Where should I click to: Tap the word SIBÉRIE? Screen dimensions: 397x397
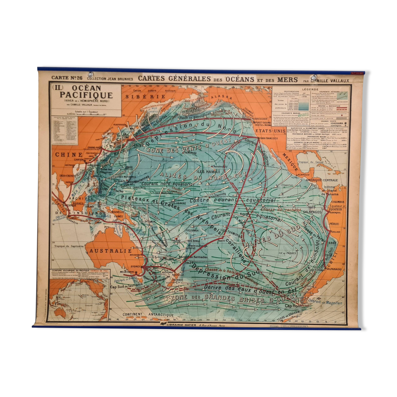point(145,96)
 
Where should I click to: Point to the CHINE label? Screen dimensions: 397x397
point(69,155)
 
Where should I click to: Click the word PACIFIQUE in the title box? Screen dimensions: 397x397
point(86,95)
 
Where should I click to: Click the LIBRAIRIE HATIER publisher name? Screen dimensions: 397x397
point(181,325)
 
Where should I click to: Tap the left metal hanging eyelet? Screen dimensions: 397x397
point(90,74)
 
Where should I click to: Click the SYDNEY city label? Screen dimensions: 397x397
point(135,266)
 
